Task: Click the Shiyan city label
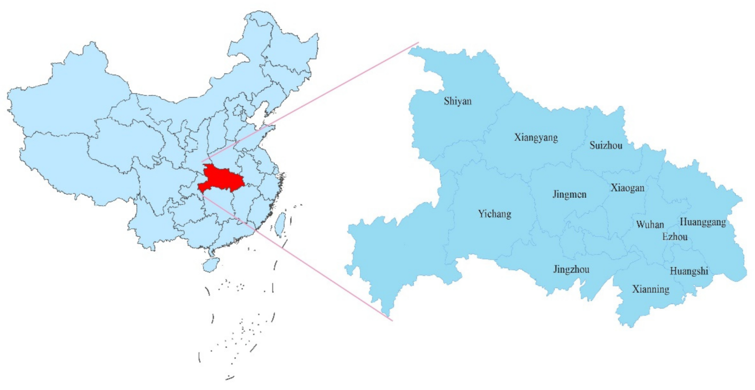pos(457,101)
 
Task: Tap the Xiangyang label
pos(536,137)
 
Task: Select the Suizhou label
pos(605,145)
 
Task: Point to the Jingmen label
pos(569,195)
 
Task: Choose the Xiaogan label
pos(627,188)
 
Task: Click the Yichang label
pos(494,214)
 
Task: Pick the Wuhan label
pos(649,225)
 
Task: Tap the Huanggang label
pos(702,222)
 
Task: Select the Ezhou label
pos(674,237)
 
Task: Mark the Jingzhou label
pos(571,270)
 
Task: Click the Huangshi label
pos(688,271)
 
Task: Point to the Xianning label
pos(650,289)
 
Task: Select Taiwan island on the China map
pos(280,224)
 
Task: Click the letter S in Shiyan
pos(447,101)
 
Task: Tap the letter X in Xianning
pos(636,289)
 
